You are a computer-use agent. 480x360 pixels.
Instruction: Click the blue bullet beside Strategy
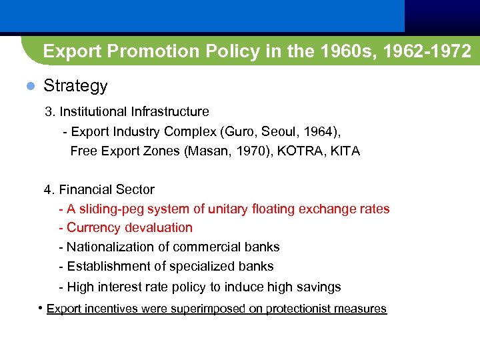(x=29, y=86)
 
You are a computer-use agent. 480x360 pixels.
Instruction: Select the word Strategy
(x=75, y=86)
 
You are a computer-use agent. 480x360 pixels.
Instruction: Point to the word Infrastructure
(x=170, y=111)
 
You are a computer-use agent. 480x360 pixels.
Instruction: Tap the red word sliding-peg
(x=111, y=209)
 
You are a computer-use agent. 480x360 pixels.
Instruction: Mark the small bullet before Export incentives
(x=41, y=308)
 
